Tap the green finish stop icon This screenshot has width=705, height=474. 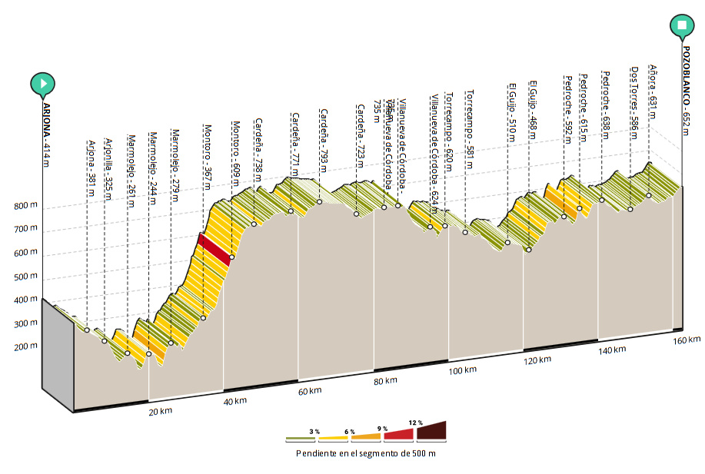682,25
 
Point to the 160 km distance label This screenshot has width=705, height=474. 686,340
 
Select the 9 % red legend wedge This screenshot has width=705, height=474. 399,434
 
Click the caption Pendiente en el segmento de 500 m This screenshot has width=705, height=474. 366,452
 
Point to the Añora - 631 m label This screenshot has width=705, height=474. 653,92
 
